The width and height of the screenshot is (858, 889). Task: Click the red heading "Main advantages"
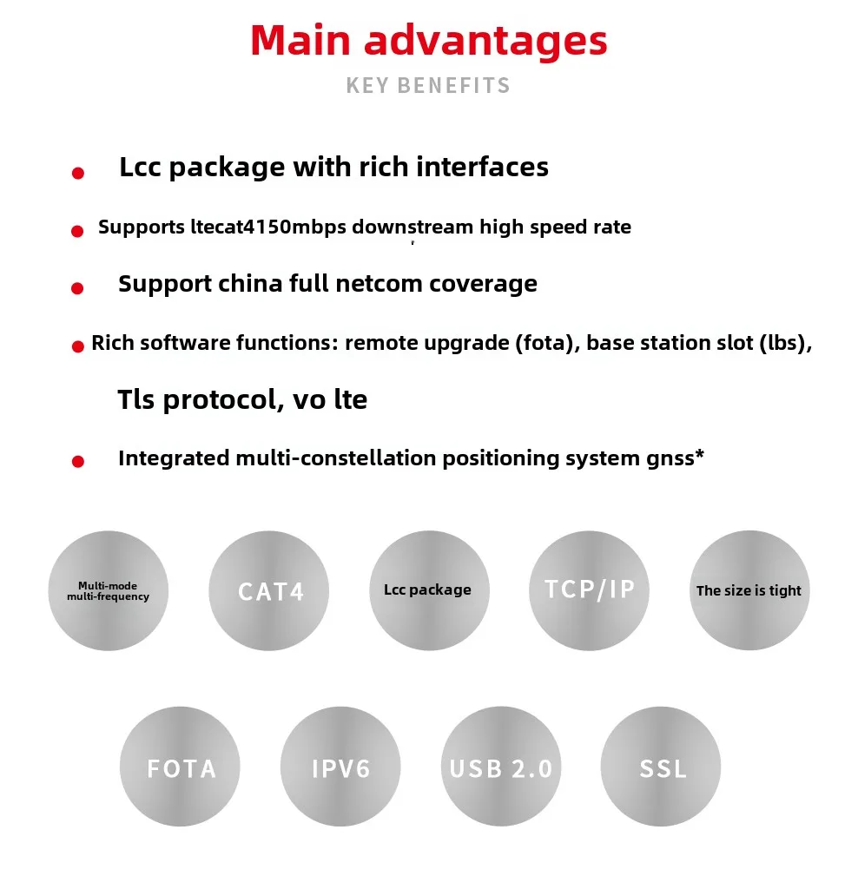click(x=429, y=42)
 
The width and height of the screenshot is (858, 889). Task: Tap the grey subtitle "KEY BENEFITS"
click(x=428, y=86)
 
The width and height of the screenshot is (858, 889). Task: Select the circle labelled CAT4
click(x=269, y=590)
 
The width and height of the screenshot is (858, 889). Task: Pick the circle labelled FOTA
click(x=180, y=766)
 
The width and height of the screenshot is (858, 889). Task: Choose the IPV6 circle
click(x=340, y=766)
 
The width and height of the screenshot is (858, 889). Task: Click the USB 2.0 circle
click(x=501, y=766)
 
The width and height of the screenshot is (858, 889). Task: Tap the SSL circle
click(x=661, y=766)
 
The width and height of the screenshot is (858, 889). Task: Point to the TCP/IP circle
click(x=589, y=590)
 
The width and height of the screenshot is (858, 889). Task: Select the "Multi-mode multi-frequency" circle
click(x=109, y=590)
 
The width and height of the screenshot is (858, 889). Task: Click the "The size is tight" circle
click(x=749, y=590)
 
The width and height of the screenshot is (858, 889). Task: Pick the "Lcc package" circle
click(x=429, y=590)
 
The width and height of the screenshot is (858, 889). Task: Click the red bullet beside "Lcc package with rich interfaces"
click(x=78, y=173)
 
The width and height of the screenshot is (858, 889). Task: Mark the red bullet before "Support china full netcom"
click(x=77, y=288)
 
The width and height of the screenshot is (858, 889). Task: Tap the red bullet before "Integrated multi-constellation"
click(x=78, y=461)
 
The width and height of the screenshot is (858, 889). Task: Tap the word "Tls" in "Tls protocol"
click(x=136, y=399)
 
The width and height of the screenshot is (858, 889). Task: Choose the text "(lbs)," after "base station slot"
click(x=786, y=344)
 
